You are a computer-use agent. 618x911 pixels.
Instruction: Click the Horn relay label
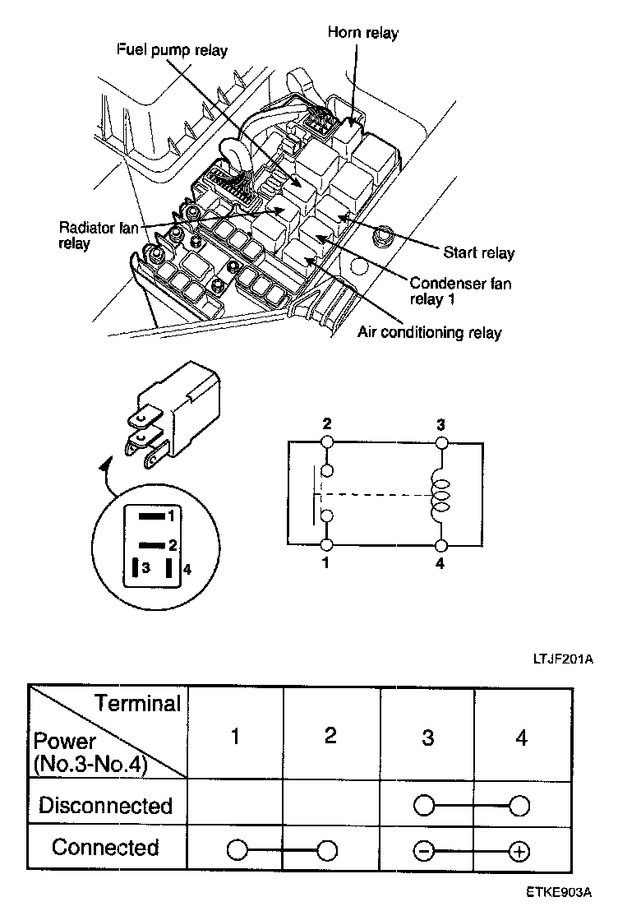(x=362, y=33)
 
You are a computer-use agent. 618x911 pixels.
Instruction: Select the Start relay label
(x=479, y=252)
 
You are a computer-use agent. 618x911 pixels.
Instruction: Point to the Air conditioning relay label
(x=430, y=333)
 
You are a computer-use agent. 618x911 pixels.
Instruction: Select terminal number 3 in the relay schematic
(x=441, y=425)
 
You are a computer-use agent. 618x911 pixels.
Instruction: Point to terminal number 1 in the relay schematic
(x=326, y=565)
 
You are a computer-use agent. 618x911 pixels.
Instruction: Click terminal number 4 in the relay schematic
(x=441, y=565)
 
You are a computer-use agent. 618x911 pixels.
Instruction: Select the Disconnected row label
(x=106, y=805)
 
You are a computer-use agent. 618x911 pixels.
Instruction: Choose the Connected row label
(x=105, y=848)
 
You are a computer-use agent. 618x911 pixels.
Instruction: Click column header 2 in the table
(x=330, y=735)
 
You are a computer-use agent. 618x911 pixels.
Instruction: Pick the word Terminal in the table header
(x=137, y=704)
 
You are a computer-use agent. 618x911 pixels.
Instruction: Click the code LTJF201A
(x=562, y=659)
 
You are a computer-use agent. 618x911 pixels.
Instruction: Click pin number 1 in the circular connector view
(x=171, y=516)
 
